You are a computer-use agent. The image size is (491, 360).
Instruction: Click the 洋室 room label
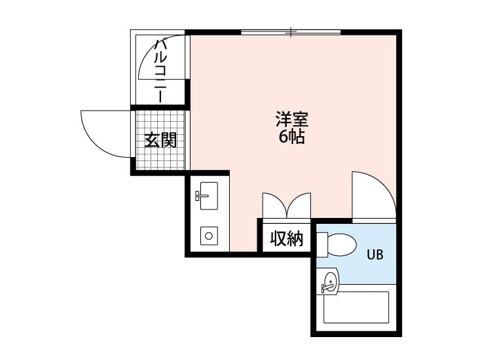pos(291,120)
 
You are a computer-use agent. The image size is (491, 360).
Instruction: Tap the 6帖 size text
pos(291,137)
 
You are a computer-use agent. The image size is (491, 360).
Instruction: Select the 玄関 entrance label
pos(160,141)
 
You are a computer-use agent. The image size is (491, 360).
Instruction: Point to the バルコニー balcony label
pos(160,70)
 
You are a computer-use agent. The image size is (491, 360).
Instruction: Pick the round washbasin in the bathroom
pos(329,283)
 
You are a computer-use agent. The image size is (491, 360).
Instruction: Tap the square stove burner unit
pos(209,234)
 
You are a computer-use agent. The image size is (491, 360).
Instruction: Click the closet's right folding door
pos(300,205)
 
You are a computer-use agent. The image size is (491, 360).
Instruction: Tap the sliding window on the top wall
pos(291,31)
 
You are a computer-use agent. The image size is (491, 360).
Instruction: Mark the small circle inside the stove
pos(209,235)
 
